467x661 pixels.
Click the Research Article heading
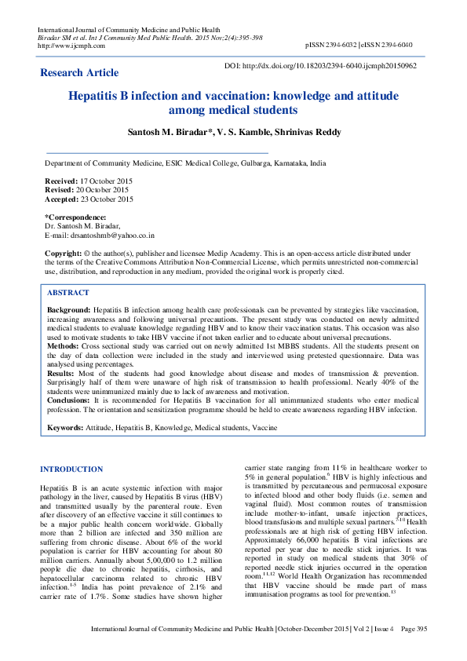click(80, 73)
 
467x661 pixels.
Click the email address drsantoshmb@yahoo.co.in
click(111, 235)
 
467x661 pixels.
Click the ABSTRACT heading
click(68, 291)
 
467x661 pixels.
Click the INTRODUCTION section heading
click(71, 469)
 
